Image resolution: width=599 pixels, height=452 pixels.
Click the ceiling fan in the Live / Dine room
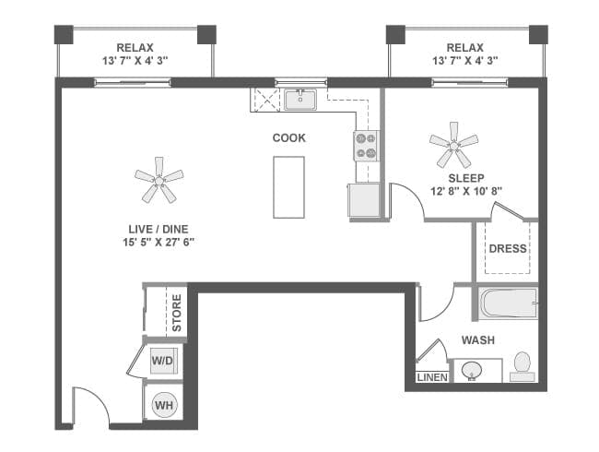[159, 180]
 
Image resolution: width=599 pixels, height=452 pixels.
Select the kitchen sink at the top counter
[300, 100]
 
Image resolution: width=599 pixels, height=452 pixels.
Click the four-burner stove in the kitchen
[365, 146]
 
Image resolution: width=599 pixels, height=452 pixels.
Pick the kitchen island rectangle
[288, 186]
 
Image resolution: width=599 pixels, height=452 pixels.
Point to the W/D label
[164, 361]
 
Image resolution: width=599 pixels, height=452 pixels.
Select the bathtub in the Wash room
[508, 304]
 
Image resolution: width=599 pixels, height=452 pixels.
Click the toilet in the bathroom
[523, 365]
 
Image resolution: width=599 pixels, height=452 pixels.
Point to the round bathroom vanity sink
[473, 371]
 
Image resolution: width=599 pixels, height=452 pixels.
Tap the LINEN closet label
[431, 377]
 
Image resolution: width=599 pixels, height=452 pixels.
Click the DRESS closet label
[507, 248]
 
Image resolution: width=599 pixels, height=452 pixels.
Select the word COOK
[288, 138]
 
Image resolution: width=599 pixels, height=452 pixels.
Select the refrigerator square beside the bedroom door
[363, 200]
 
